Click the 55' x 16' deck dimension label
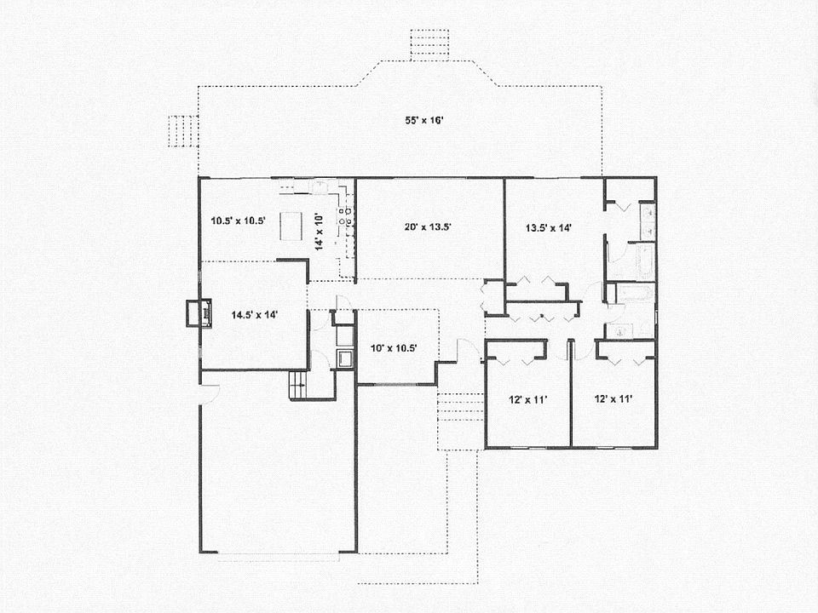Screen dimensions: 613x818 (x=424, y=120)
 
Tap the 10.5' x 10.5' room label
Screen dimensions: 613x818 (x=238, y=221)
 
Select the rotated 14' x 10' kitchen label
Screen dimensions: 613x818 (x=320, y=231)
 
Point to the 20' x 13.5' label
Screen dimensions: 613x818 (x=427, y=226)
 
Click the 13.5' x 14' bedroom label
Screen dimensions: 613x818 (x=548, y=227)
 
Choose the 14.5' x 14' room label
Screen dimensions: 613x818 (x=255, y=314)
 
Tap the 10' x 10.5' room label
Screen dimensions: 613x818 (x=393, y=347)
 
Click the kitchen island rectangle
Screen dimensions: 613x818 (x=291, y=226)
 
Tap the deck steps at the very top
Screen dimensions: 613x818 (x=429, y=44)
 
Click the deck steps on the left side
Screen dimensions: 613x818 (x=182, y=131)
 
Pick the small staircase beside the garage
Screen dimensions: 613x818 (x=298, y=386)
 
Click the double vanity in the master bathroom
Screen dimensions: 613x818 (x=648, y=220)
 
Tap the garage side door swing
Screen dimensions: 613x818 (x=208, y=394)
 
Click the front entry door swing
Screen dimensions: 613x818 (x=467, y=350)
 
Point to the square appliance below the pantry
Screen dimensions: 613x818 (x=344, y=358)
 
